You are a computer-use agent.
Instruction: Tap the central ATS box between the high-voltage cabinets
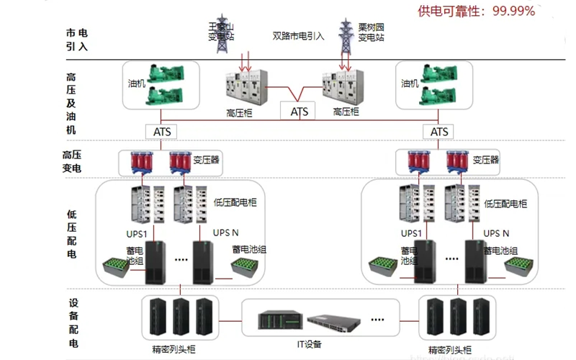click(299, 111)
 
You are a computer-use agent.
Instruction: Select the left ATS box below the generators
click(161, 132)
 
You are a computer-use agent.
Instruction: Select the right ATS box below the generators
click(438, 132)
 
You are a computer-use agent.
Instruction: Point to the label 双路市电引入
click(298, 35)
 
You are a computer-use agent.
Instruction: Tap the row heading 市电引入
click(76, 40)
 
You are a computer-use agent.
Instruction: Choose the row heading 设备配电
click(74, 323)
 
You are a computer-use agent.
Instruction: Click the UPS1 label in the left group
click(139, 233)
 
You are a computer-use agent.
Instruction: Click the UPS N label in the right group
click(496, 233)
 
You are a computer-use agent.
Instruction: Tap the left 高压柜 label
click(238, 112)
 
